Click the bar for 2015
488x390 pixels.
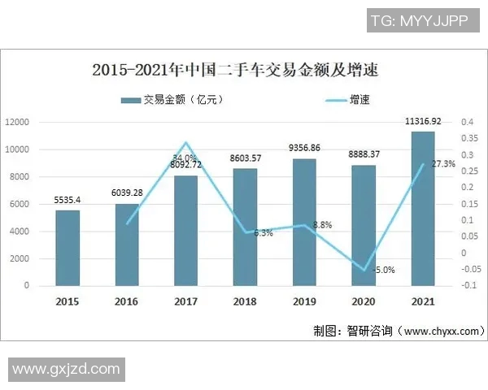point(68,248)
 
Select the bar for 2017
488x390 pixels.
point(185,231)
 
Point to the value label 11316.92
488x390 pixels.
point(423,121)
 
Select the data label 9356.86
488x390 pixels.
point(304,148)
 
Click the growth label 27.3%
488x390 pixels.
point(443,164)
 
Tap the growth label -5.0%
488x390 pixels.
point(383,271)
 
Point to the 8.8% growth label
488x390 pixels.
point(323,224)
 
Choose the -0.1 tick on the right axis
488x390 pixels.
point(468,286)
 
